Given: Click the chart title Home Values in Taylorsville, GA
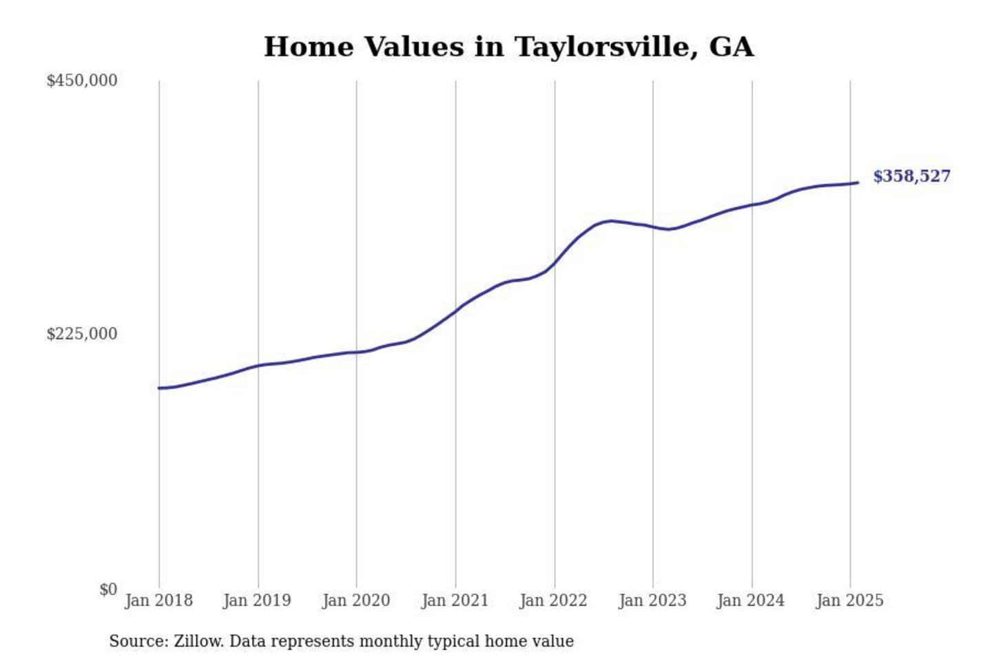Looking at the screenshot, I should click(x=508, y=47).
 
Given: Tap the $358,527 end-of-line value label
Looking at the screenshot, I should click(x=911, y=176).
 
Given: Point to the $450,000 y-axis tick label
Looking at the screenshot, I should click(x=82, y=81).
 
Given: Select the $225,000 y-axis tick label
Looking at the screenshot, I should click(x=82, y=334).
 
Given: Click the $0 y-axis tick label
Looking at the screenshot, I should click(x=108, y=589).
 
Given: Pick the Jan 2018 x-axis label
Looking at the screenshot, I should click(x=158, y=600).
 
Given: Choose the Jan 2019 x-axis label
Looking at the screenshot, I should click(x=257, y=600).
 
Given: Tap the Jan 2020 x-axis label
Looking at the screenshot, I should click(x=356, y=600).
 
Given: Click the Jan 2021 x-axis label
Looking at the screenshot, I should click(x=455, y=600).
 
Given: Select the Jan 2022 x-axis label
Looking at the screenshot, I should click(x=553, y=600).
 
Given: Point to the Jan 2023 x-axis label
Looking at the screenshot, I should click(x=652, y=600).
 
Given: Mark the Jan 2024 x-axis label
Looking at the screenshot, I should click(x=751, y=600).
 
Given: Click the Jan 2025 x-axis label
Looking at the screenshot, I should click(x=849, y=600).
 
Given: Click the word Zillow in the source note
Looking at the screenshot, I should click(x=198, y=641).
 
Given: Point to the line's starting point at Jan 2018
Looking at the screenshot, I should click(x=159, y=388).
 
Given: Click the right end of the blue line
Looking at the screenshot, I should click(x=858, y=182).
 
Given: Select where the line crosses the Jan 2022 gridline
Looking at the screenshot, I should click(x=555, y=263).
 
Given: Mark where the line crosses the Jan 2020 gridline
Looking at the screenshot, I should click(x=357, y=353).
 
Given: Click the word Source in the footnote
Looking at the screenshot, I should click(x=138, y=641).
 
